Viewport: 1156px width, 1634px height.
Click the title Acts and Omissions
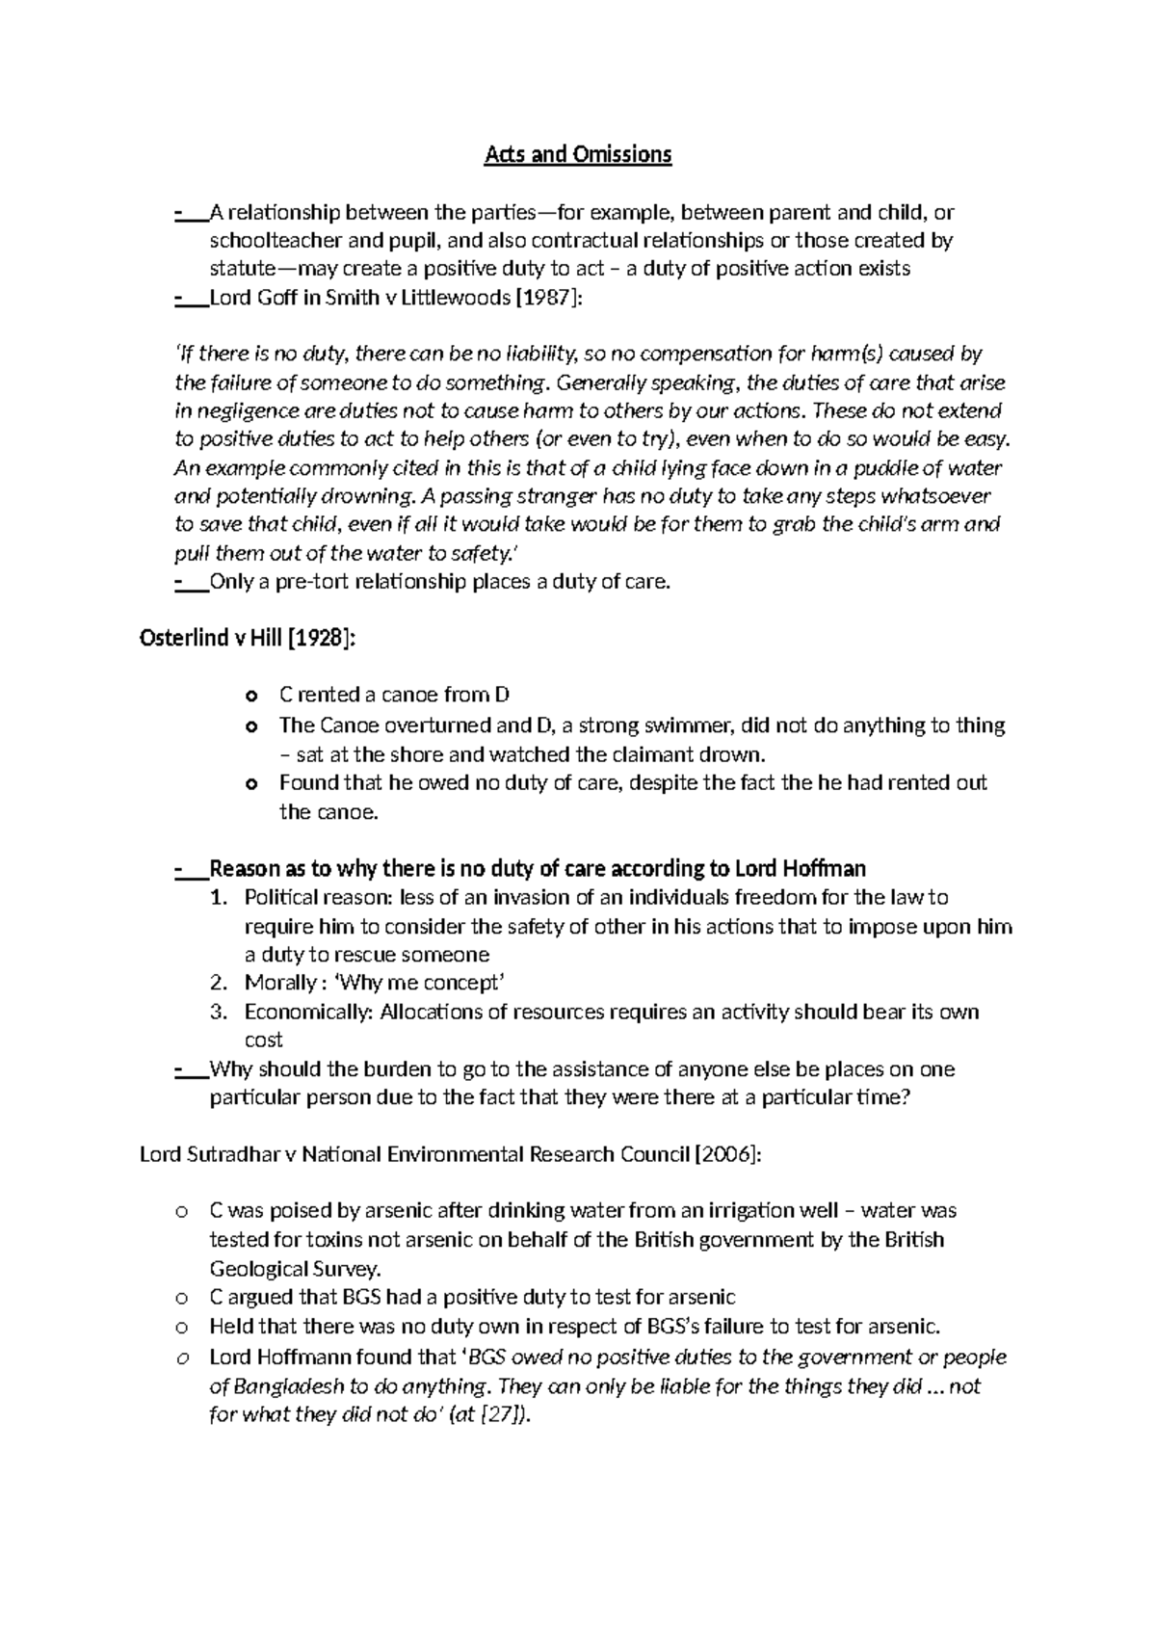[x=577, y=154]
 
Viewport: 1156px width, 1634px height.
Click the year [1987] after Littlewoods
[x=549, y=298]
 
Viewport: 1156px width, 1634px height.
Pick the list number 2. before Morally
[x=219, y=983]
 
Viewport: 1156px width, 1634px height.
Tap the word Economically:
[x=308, y=1012]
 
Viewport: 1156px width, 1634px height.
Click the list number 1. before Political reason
[x=219, y=898]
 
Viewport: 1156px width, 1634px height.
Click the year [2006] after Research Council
[x=727, y=1154]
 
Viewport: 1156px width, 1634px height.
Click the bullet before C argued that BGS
[x=180, y=1298]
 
